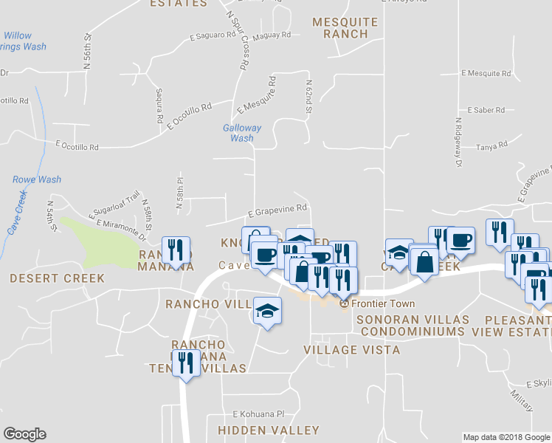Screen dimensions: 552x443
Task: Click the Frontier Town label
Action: click(x=382, y=303)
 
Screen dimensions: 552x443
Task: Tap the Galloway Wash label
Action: click(x=242, y=133)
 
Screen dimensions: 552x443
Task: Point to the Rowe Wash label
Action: click(x=37, y=179)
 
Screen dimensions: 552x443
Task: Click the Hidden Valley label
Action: click(x=269, y=430)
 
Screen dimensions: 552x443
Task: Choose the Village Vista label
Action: click(x=351, y=350)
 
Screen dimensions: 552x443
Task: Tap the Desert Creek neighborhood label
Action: click(x=56, y=278)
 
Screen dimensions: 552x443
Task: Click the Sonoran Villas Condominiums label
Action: click(x=413, y=325)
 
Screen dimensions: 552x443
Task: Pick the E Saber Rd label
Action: click(x=485, y=110)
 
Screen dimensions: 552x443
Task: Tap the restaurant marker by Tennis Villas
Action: click(x=186, y=363)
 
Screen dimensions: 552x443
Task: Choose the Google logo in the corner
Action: click(x=24, y=434)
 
